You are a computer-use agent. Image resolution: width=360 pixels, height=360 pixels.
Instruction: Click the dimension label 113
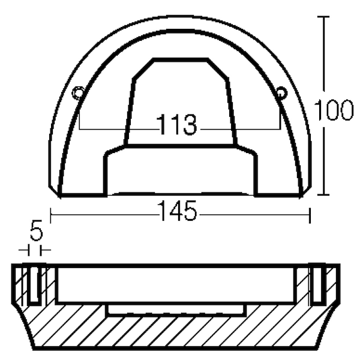click(x=176, y=124)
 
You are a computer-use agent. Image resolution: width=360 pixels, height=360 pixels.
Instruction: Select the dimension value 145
click(x=177, y=211)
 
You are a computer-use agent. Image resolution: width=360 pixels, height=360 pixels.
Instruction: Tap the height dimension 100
click(x=334, y=110)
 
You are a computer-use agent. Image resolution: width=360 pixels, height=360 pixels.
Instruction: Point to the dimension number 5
click(x=37, y=230)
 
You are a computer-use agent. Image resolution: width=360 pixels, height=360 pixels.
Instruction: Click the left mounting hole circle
click(x=77, y=93)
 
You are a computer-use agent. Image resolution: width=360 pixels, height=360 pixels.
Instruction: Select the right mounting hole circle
click(x=281, y=93)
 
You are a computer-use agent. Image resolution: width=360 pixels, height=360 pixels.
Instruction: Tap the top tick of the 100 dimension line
click(x=324, y=17)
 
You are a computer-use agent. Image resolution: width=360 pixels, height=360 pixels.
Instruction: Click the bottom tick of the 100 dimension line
click(x=324, y=194)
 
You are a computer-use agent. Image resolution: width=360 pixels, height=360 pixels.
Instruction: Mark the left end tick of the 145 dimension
click(x=50, y=215)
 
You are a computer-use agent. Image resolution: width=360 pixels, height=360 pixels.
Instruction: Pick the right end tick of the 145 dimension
click(x=310, y=215)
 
